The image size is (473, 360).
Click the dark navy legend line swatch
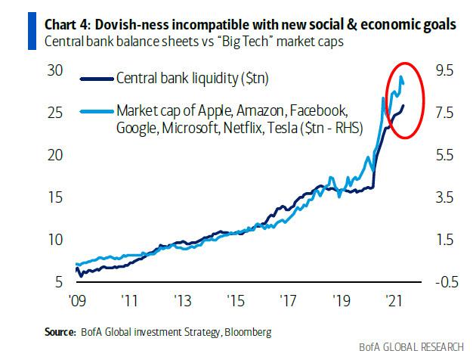tap(97, 77)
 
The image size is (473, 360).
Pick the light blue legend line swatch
tap(97, 110)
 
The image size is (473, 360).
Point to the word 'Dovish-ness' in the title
tap(103, 25)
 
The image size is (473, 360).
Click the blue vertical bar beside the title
tap(6, 32)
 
